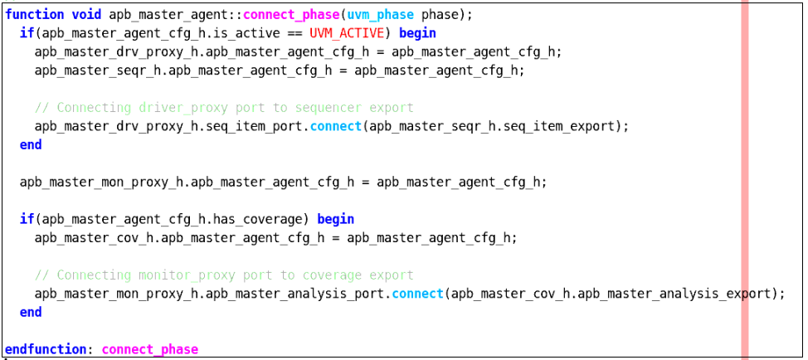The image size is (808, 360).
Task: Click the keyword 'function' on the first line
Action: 35,15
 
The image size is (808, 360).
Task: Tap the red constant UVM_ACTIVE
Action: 348,33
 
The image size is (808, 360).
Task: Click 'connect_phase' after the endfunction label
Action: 150,350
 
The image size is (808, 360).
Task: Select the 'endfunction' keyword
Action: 46,350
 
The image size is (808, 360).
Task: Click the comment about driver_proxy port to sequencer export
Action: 224,108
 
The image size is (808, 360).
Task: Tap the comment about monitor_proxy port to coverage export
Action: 224,275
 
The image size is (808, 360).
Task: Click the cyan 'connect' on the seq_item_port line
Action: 336,126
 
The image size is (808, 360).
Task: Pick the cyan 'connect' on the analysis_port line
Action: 418,294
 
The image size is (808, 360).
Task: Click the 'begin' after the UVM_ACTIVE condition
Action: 417,33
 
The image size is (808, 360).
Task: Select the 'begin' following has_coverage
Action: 336,219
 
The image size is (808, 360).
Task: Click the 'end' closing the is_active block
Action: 31,144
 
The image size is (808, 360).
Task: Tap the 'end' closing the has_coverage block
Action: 31,312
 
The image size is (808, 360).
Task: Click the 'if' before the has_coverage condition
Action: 27,219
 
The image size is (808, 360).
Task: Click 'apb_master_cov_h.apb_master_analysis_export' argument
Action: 611,294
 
